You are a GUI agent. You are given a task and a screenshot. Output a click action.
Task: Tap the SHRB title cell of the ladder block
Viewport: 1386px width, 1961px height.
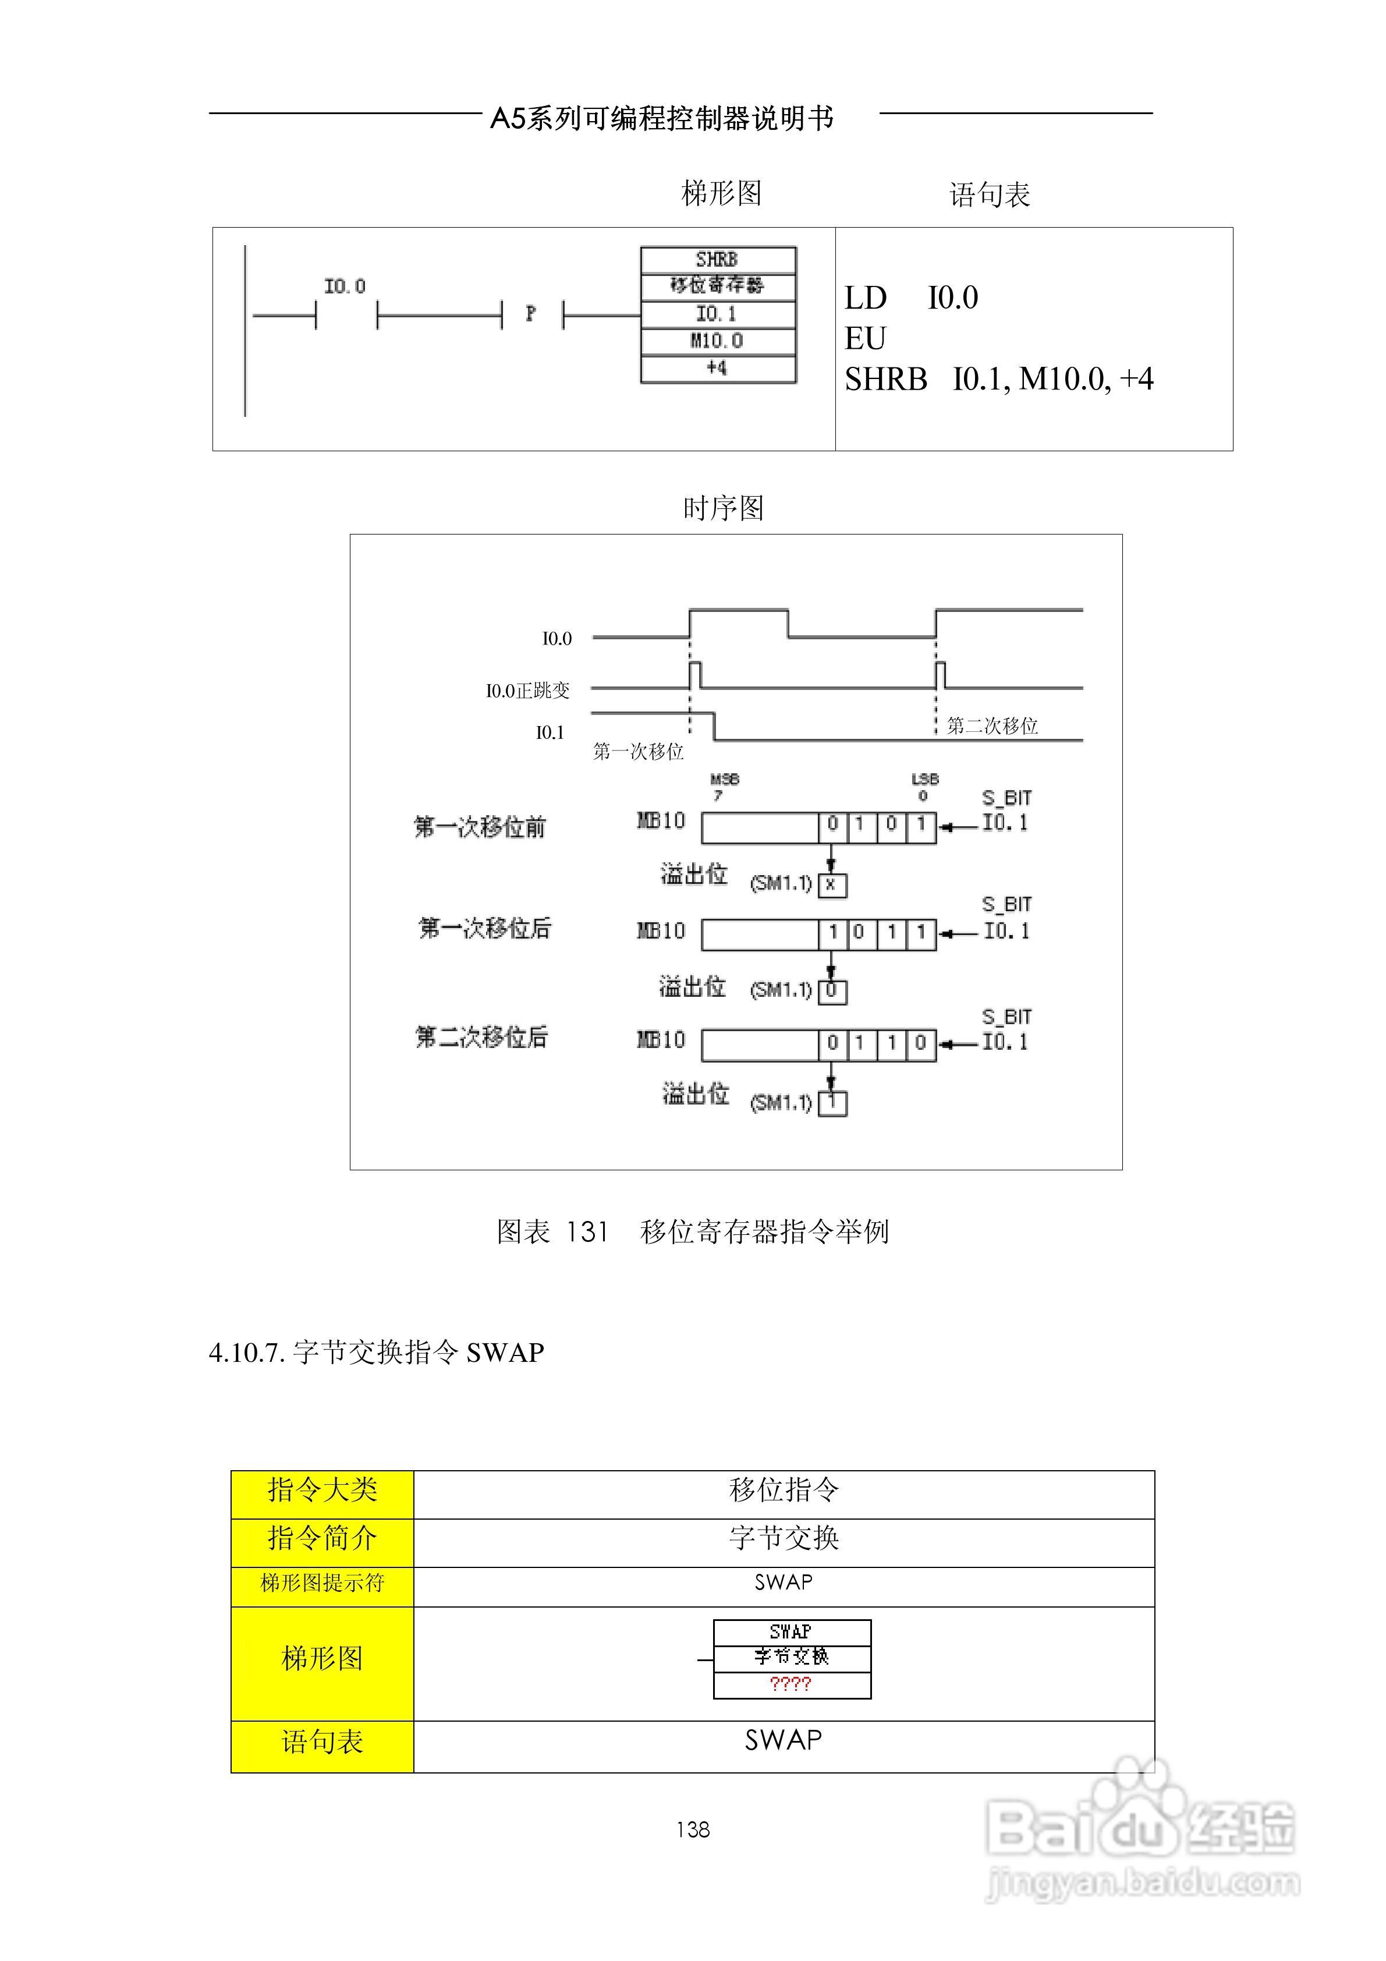(717, 259)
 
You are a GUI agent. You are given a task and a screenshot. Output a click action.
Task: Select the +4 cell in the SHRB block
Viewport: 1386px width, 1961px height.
(717, 368)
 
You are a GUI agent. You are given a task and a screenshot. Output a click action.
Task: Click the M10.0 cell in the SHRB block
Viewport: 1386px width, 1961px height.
(717, 341)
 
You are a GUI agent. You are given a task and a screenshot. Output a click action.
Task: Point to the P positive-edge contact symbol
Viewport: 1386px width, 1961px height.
(531, 314)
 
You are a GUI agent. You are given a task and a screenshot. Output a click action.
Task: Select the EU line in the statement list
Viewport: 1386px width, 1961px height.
(865, 338)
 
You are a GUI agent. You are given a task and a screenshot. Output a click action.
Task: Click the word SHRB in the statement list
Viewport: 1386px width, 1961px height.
(885, 378)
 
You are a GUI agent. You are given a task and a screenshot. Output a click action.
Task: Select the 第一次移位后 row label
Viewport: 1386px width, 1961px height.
(484, 929)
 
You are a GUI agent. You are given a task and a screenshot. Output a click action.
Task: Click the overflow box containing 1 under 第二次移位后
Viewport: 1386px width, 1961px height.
(832, 1103)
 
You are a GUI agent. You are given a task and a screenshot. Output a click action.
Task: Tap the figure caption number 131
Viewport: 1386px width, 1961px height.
(587, 1231)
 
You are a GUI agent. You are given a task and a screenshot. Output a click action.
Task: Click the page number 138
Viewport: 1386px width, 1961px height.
(693, 1829)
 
